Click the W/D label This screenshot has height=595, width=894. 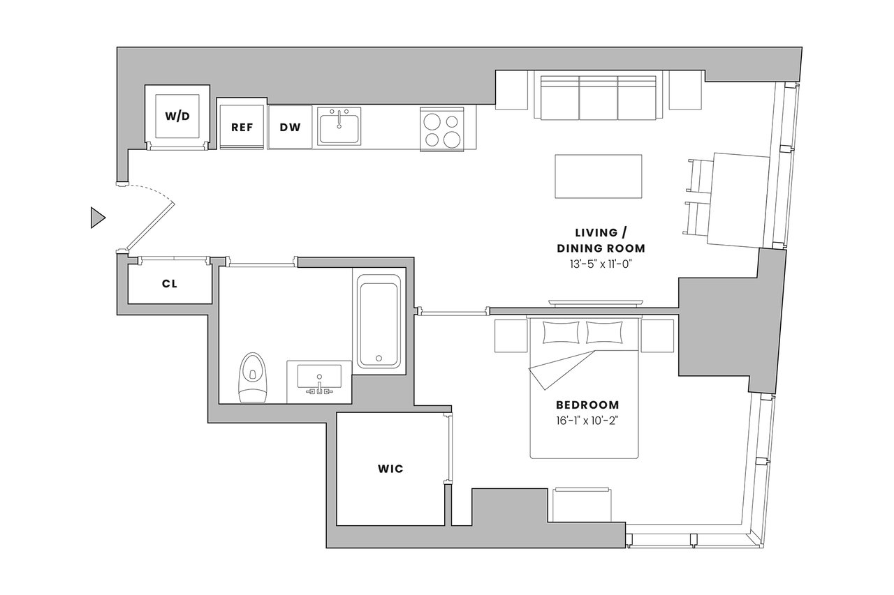177,116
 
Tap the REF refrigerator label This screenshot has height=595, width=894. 242,128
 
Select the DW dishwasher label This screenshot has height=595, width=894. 290,128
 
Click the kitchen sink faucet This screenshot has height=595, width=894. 339,119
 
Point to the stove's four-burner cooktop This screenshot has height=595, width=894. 442,129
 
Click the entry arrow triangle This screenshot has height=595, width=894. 98,218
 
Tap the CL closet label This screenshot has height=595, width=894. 170,284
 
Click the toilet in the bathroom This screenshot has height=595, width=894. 252,377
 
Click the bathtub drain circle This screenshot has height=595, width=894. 379,359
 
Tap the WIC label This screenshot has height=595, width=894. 390,469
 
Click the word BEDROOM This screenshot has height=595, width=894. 587,405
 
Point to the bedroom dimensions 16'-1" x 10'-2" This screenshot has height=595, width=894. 587,421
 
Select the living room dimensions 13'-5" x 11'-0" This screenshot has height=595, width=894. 601,264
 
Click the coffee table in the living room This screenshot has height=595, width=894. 599,176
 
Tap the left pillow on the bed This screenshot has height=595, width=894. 561,332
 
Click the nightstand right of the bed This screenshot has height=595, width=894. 657,336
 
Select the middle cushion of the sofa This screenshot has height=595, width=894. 599,98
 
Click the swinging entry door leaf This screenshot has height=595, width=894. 150,227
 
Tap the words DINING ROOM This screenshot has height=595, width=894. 601,248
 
